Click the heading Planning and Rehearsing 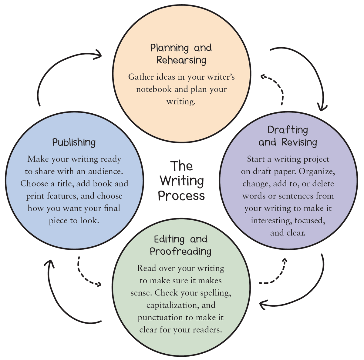click(181, 54)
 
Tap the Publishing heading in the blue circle click(74, 142)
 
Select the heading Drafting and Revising click(288, 136)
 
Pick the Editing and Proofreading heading click(181, 245)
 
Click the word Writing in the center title click(182, 181)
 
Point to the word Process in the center click(181, 196)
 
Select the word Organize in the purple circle click(317, 172)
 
